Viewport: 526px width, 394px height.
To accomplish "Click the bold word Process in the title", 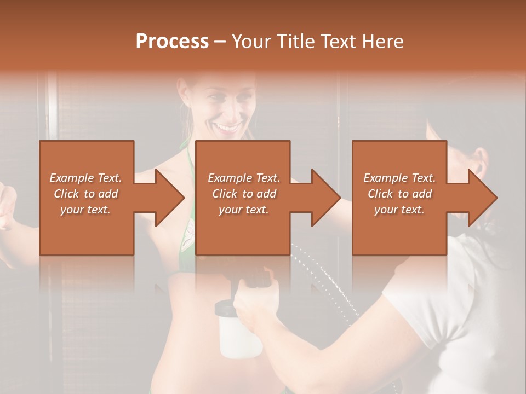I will point(172,42).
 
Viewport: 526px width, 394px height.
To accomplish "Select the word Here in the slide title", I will point(382,42).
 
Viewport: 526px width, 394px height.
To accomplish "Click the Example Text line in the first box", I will point(85,178).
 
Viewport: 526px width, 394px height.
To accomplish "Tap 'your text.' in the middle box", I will point(243,210).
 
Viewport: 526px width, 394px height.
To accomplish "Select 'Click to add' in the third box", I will point(399,194).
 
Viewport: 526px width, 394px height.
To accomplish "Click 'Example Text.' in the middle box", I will point(243,178).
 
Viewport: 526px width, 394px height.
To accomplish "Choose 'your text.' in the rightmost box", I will point(399,210).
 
